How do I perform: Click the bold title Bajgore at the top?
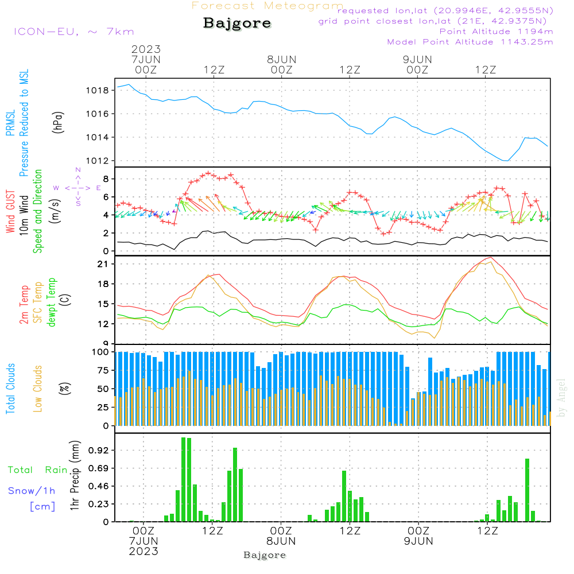237,24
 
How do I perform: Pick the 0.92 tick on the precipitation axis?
99,451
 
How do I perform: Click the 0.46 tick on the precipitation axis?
99,487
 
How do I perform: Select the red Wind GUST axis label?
10,212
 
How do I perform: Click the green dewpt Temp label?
52,302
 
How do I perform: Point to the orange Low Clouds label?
38,388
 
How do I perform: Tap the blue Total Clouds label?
10,389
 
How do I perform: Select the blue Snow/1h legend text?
32,491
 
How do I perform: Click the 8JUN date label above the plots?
281,59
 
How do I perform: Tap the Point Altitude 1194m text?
496,31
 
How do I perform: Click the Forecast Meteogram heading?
267,6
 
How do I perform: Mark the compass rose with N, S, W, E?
78,188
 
